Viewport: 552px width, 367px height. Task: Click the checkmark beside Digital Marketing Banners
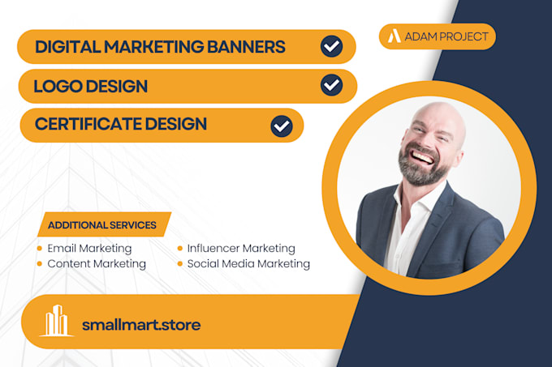(x=331, y=46)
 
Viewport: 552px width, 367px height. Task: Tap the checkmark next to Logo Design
(x=331, y=85)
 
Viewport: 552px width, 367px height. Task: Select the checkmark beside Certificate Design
(x=281, y=126)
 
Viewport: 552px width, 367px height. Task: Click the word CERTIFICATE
(x=95, y=125)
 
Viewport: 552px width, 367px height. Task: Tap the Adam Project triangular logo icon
(x=394, y=36)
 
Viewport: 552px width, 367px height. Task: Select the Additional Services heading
(x=102, y=225)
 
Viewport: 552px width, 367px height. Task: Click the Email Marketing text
(x=89, y=249)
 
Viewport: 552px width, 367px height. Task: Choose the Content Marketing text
(x=97, y=263)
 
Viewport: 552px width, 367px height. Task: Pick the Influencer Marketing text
(x=241, y=249)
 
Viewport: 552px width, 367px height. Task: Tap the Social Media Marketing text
(x=248, y=263)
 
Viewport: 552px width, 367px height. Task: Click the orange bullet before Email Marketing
(x=39, y=249)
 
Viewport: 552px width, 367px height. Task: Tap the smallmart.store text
(x=141, y=325)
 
